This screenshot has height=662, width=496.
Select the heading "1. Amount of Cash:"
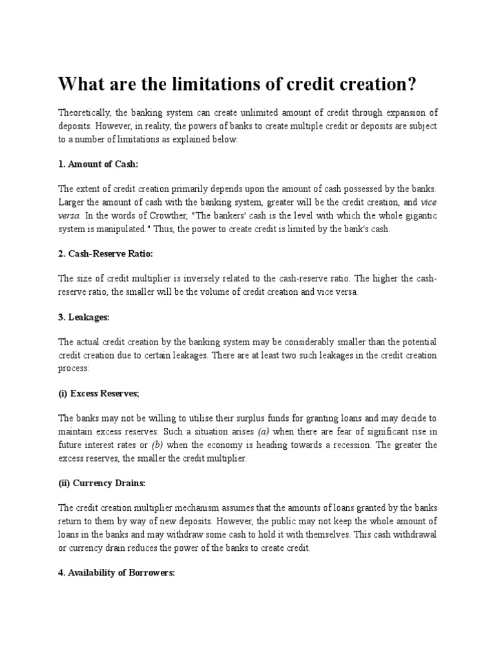click(98, 165)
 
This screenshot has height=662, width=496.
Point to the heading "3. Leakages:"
click(84, 318)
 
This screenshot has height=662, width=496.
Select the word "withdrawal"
click(413, 535)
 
